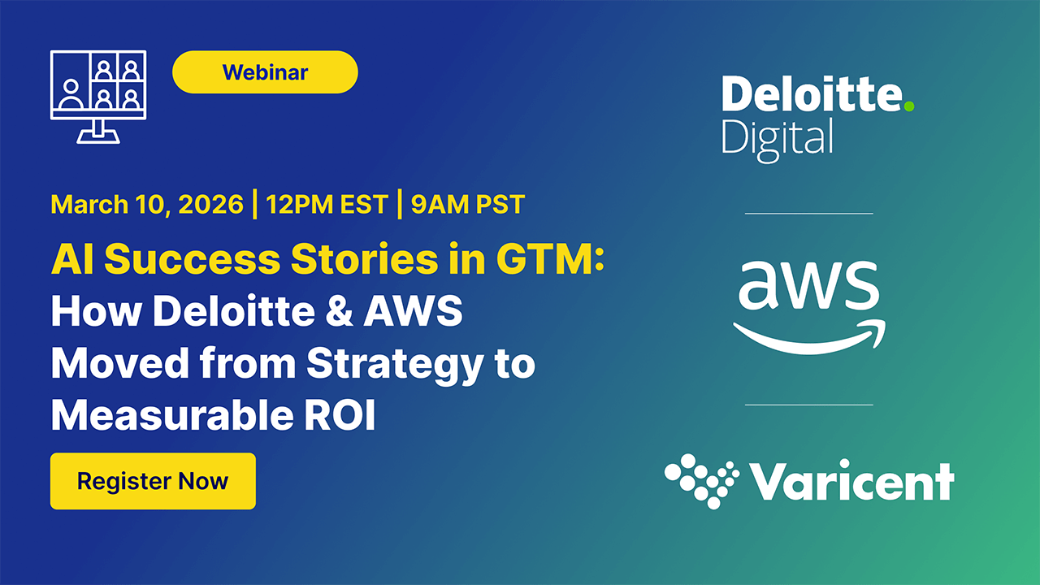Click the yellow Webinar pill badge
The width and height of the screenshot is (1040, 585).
coord(265,72)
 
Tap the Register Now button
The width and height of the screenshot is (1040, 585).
coord(153,481)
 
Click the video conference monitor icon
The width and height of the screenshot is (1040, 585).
coord(98,97)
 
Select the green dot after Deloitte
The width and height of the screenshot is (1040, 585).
coord(909,106)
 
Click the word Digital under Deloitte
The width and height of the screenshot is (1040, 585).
coord(778,140)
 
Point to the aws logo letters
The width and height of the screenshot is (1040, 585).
coord(808,285)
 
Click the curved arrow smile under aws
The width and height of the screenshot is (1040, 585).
coord(808,336)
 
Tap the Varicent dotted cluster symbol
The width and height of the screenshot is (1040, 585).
coord(701,481)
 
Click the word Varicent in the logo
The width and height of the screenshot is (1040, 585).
coord(852,481)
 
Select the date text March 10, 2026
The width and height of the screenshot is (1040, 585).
coord(147,204)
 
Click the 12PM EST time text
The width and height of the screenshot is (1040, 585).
coord(327,204)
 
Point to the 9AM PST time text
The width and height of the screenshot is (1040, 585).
coord(467,204)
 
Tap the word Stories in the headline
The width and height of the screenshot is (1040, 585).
coord(364,258)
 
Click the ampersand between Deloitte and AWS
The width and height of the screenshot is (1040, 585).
coord(339,310)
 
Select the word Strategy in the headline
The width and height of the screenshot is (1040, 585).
coord(395,366)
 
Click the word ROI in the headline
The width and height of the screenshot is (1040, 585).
coord(340,414)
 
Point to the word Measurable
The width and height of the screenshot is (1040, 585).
coord(172,414)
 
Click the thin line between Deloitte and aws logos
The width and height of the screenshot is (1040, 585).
coord(808,214)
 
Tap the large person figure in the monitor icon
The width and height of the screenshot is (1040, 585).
coord(71,93)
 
